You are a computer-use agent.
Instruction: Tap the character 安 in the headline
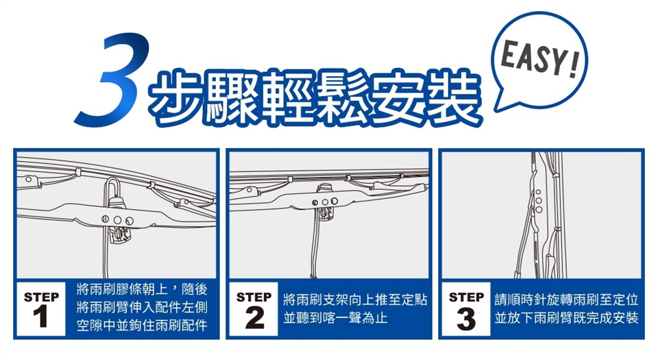click(x=397, y=97)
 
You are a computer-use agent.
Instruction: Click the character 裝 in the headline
click(x=452, y=97)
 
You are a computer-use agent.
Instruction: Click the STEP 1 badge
click(x=41, y=309)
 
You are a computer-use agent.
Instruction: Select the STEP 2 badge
click(x=254, y=309)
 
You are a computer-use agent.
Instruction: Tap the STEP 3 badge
click(x=466, y=309)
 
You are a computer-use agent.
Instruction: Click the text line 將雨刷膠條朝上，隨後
click(x=142, y=289)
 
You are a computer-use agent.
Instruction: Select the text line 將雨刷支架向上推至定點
click(x=355, y=300)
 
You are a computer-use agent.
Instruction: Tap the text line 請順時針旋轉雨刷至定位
click(x=567, y=300)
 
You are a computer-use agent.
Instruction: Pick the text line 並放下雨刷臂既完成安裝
click(x=567, y=318)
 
